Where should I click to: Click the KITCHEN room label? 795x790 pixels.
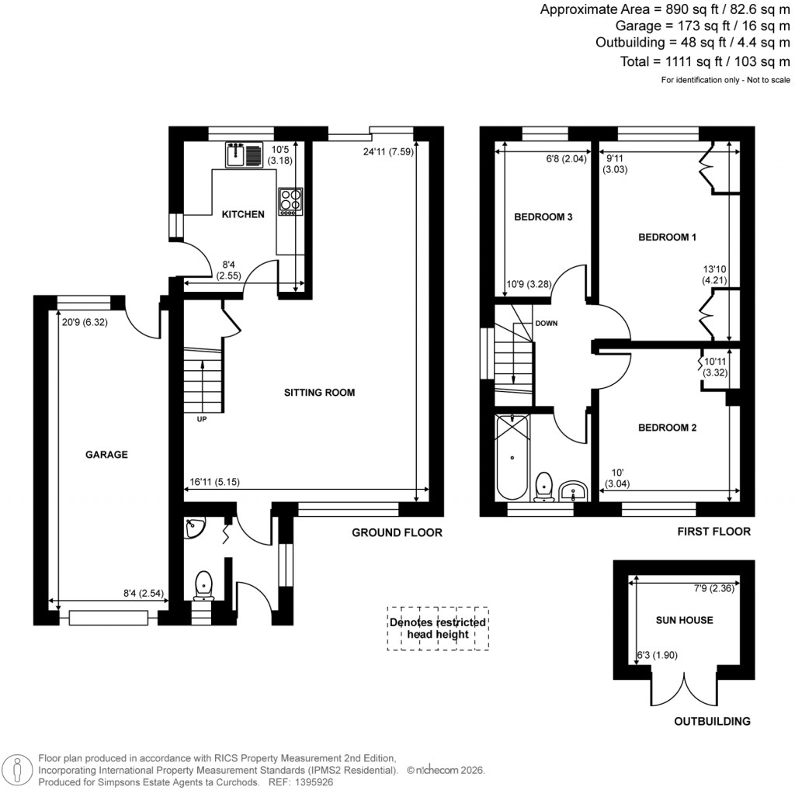pos(243,214)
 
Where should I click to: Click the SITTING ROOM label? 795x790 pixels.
pos(318,393)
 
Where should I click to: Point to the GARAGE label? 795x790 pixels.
pos(106,455)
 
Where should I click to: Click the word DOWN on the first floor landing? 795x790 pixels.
pos(545,323)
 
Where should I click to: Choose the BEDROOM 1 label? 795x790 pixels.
pos(667,237)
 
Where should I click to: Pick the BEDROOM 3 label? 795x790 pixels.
pos(543,217)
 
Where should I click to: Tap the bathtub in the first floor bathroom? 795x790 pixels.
pos(513,458)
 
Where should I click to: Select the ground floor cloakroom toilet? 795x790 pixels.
pos(204,584)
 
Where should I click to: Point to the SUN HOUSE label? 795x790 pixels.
pos(683,620)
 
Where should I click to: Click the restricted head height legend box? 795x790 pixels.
pos(438,629)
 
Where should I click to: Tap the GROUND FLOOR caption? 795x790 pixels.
pos(397,532)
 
